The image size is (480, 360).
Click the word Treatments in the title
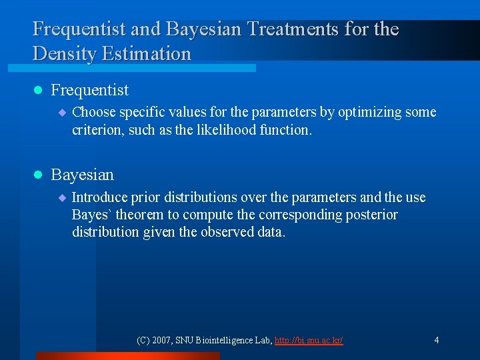pyautogui.click(x=281, y=29)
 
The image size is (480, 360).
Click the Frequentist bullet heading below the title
pyautogui.click(x=89, y=90)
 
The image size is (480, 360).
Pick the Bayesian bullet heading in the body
pyautogui.click(x=82, y=175)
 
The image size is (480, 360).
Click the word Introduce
pyautogui.click(x=99, y=197)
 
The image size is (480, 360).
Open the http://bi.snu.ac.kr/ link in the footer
pyautogui.click(x=309, y=341)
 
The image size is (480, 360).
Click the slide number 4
pyautogui.click(x=436, y=341)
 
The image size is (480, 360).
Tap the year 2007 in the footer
pyautogui.click(x=163, y=341)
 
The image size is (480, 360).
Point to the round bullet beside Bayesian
pyautogui.click(x=38, y=175)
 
